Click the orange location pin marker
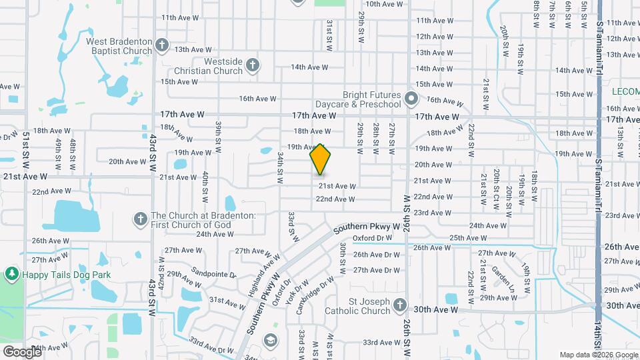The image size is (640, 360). (x=321, y=159)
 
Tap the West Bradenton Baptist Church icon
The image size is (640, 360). (x=161, y=45)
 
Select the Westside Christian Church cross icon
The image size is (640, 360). (x=252, y=65)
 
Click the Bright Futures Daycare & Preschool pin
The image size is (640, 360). (x=411, y=100)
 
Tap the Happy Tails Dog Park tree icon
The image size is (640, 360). (x=11, y=273)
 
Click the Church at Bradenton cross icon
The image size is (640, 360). (x=140, y=218)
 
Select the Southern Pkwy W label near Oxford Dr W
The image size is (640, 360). (x=366, y=227)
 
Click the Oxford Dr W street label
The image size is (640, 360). (x=372, y=238)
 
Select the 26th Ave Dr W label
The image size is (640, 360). (x=377, y=254)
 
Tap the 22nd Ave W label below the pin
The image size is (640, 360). (x=335, y=199)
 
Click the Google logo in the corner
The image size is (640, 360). (x=21, y=351)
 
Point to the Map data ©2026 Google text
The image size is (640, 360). (x=598, y=355)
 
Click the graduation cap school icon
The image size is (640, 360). (x=270, y=340)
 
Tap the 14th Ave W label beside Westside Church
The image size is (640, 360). (x=309, y=67)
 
